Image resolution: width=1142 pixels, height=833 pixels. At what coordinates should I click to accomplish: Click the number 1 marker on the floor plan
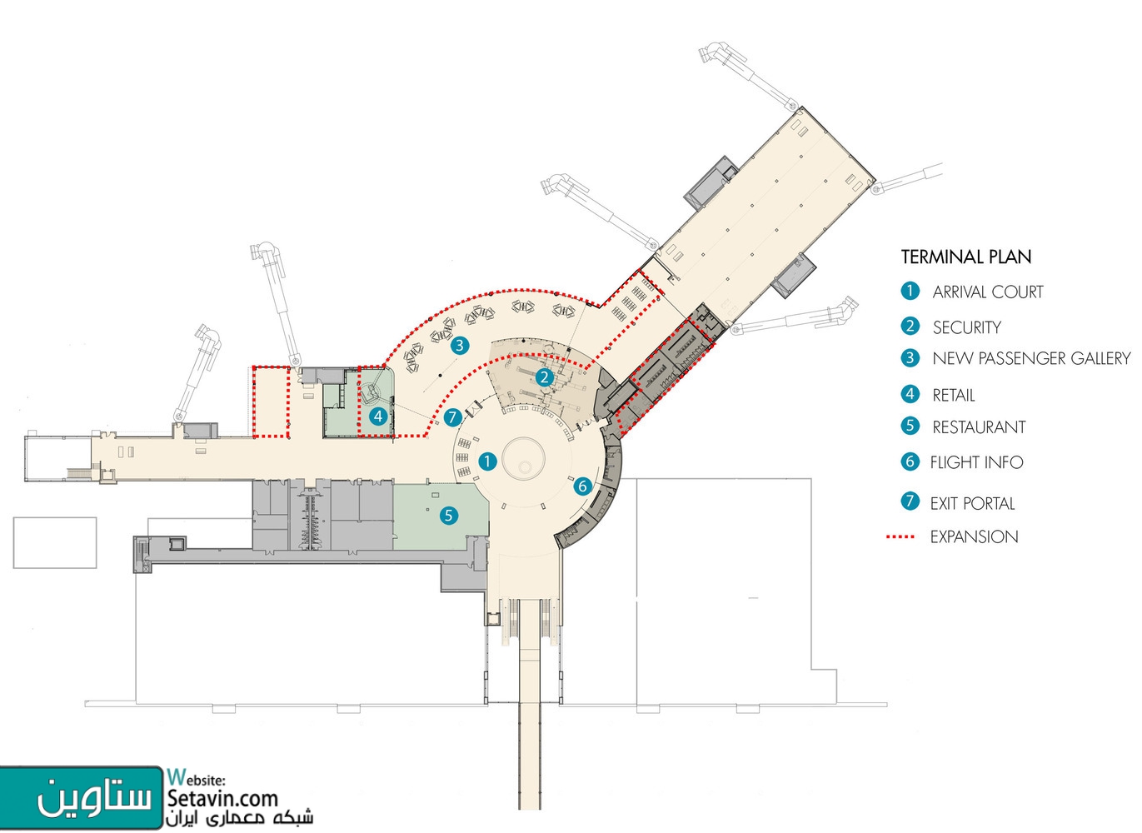(x=487, y=461)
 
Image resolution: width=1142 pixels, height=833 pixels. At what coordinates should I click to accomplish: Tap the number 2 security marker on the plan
(x=545, y=377)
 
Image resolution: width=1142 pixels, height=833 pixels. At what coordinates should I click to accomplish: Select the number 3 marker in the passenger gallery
(x=460, y=346)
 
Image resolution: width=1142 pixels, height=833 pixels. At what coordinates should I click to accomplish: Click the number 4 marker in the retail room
(x=378, y=416)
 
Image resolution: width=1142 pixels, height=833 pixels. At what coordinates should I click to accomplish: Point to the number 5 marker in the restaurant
(x=449, y=516)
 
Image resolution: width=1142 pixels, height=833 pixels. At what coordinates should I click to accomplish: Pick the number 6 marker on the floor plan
(x=583, y=486)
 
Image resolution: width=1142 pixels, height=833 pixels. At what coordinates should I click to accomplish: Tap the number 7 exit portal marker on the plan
(x=453, y=417)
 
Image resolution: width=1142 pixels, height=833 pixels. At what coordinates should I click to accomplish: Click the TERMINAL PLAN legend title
(x=965, y=257)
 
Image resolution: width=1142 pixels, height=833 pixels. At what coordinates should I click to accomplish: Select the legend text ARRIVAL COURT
(x=988, y=292)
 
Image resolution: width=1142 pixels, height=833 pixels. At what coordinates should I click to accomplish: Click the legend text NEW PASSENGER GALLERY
(x=1031, y=358)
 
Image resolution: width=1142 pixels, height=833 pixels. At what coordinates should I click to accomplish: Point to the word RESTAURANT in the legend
(x=979, y=427)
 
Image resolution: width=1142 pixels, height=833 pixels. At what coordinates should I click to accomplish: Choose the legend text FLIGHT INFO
(x=976, y=462)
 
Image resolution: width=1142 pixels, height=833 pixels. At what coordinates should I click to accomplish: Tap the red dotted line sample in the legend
(x=900, y=536)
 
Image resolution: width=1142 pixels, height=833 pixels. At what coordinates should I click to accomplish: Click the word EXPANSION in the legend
(x=974, y=536)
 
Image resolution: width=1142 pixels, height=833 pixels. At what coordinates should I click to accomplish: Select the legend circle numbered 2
(x=910, y=327)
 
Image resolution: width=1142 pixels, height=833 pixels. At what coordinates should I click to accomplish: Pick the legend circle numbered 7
(x=910, y=501)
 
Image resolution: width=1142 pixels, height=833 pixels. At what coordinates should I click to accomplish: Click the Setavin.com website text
(x=222, y=798)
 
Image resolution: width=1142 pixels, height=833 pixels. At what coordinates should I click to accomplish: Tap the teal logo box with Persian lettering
(x=82, y=797)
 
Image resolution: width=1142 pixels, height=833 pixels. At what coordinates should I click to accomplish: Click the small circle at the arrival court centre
(x=524, y=466)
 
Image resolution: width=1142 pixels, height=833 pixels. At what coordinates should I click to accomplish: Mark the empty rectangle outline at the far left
(x=55, y=542)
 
